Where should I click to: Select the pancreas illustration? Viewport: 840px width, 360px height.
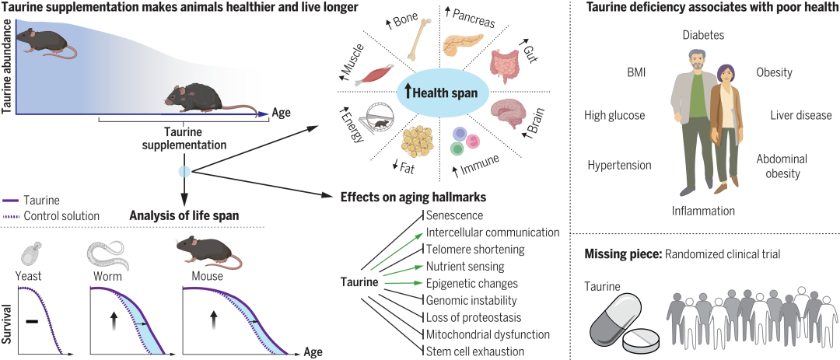point(462,45)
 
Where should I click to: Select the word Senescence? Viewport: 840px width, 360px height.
point(455,215)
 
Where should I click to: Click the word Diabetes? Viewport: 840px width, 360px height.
point(703,35)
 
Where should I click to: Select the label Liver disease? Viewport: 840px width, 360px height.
point(801,115)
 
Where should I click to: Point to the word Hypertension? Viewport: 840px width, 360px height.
point(620,165)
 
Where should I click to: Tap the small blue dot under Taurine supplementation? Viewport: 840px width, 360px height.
point(184,171)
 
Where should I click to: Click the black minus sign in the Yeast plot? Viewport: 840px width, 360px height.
point(31,319)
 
